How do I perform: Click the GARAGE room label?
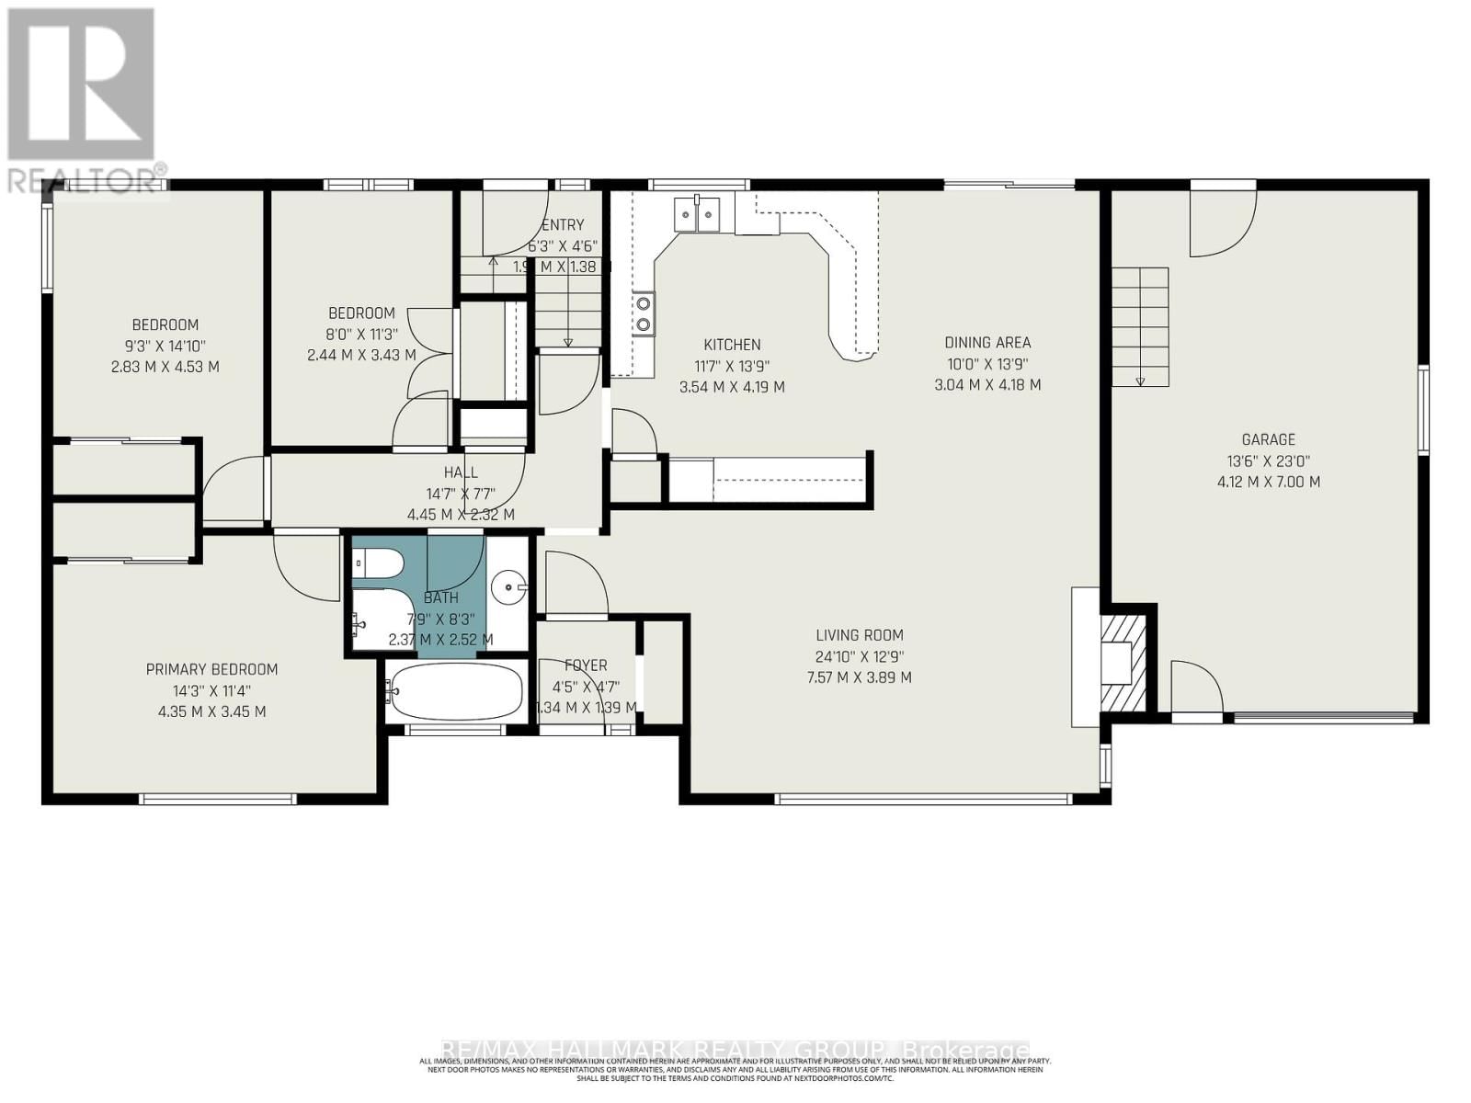(1269, 440)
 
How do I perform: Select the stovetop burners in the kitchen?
(643, 312)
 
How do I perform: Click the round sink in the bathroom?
(508, 585)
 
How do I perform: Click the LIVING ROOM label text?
(860, 635)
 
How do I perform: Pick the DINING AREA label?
(987, 343)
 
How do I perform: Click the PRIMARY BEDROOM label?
(211, 670)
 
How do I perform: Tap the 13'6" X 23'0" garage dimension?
(1269, 461)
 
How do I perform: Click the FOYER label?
(586, 665)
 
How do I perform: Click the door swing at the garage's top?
(1221, 225)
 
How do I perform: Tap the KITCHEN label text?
(732, 345)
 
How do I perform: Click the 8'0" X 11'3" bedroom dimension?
(361, 335)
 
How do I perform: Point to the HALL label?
(461, 472)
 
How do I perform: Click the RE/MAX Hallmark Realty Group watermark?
(735, 1050)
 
